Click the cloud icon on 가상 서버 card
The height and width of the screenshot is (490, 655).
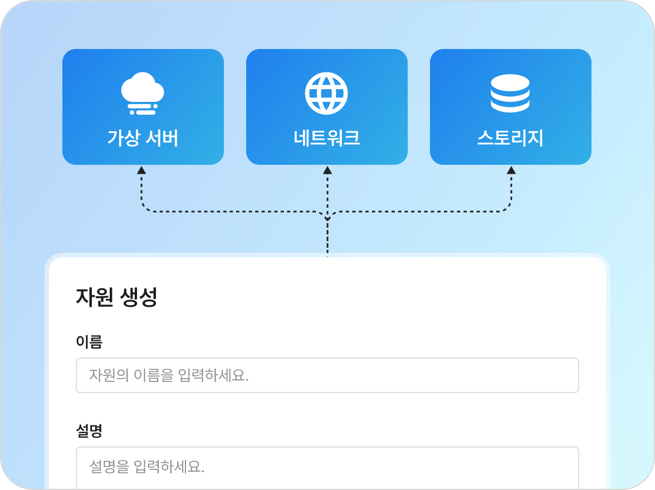coord(143,93)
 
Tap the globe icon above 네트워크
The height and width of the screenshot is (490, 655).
coord(326,93)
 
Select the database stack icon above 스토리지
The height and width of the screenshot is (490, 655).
coord(510,93)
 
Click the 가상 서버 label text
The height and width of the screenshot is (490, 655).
coord(143,138)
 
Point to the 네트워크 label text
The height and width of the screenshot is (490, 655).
coord(326,138)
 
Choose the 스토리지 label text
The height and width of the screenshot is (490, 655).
coord(510,138)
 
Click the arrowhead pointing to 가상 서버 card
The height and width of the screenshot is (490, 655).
coord(141,170)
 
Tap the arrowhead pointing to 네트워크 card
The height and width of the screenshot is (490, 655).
coord(327,170)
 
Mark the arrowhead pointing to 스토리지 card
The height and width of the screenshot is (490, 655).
coord(511,170)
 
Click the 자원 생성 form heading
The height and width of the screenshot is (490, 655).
coord(116,297)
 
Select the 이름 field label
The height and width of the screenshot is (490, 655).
coord(89,342)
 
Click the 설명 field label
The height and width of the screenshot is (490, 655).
coord(89,431)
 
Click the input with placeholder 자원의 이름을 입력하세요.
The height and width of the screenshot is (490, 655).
coord(327,375)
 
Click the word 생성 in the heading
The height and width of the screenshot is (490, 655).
coord(139,297)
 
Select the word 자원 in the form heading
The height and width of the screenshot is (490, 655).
coord(95,297)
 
